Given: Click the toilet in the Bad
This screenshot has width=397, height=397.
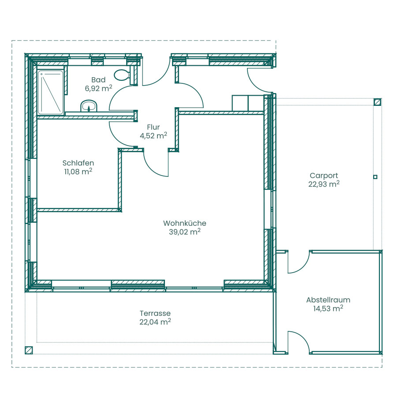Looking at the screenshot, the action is pos(122,75).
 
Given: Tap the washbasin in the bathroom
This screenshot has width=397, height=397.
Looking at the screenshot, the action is pos(89,106).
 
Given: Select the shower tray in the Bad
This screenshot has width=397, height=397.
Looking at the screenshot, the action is pos(51,92).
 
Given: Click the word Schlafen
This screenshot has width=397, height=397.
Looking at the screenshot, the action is pos(78,163).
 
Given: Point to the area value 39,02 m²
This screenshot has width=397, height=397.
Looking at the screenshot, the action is pos(185,232).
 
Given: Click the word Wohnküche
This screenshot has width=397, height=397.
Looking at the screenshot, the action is pos(185,223).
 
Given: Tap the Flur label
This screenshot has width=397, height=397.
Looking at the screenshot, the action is pos(154,127).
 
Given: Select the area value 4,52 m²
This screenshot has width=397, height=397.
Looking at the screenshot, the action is pos(154,135).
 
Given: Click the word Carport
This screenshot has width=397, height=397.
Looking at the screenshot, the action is pos(324,176).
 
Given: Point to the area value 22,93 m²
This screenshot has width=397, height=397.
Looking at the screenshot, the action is pos(324,184).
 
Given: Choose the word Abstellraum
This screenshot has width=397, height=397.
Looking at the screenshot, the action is pos(328,300).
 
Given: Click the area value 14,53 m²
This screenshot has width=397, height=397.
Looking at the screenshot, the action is pos(328,308).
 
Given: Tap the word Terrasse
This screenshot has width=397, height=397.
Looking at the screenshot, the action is pos(155,313).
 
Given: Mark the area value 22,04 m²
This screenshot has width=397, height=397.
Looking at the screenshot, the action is pos(155,322).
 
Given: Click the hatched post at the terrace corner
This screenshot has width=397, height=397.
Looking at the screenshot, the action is pos(29,350).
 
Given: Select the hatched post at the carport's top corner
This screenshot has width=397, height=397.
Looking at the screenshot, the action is pos(378,102).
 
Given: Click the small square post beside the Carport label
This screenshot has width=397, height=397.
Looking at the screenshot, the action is pos(375,177).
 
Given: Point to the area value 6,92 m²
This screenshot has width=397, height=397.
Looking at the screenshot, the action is pos(98,88).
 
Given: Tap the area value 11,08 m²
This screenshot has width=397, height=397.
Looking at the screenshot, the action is pos(78,172).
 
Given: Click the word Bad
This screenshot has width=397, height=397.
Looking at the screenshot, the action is pos(98,80).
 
